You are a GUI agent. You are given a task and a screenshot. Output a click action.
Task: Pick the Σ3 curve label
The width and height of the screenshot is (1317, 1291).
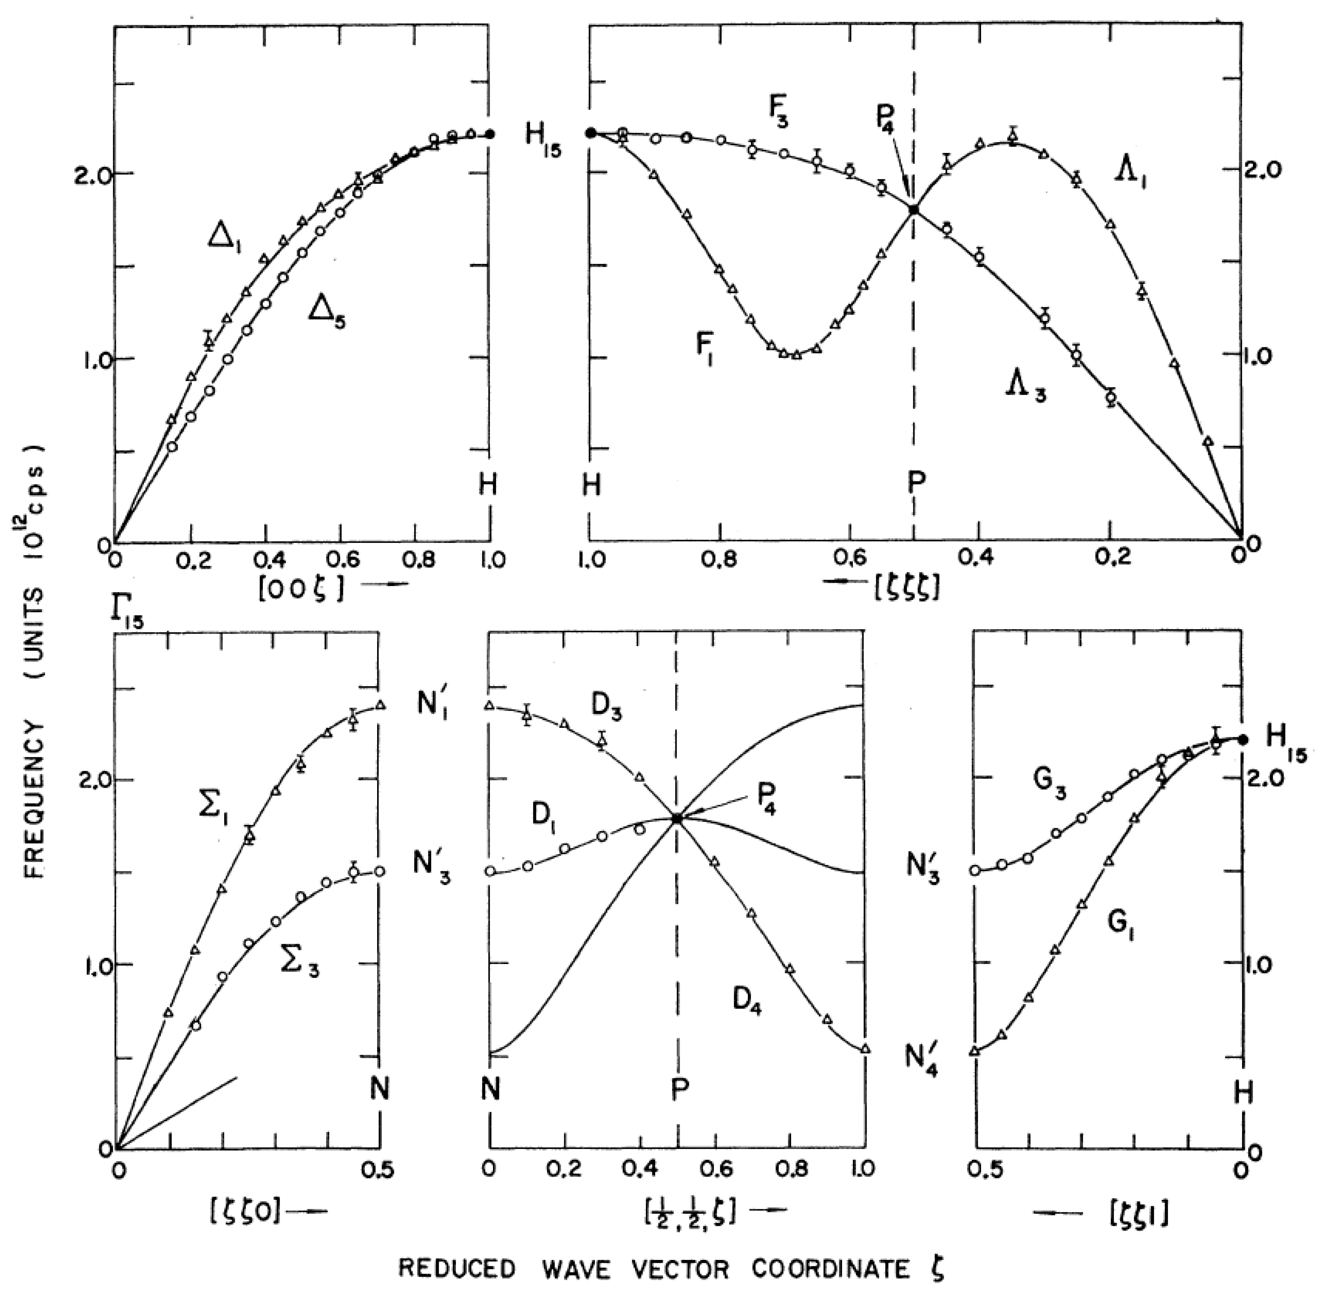pos(299,966)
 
